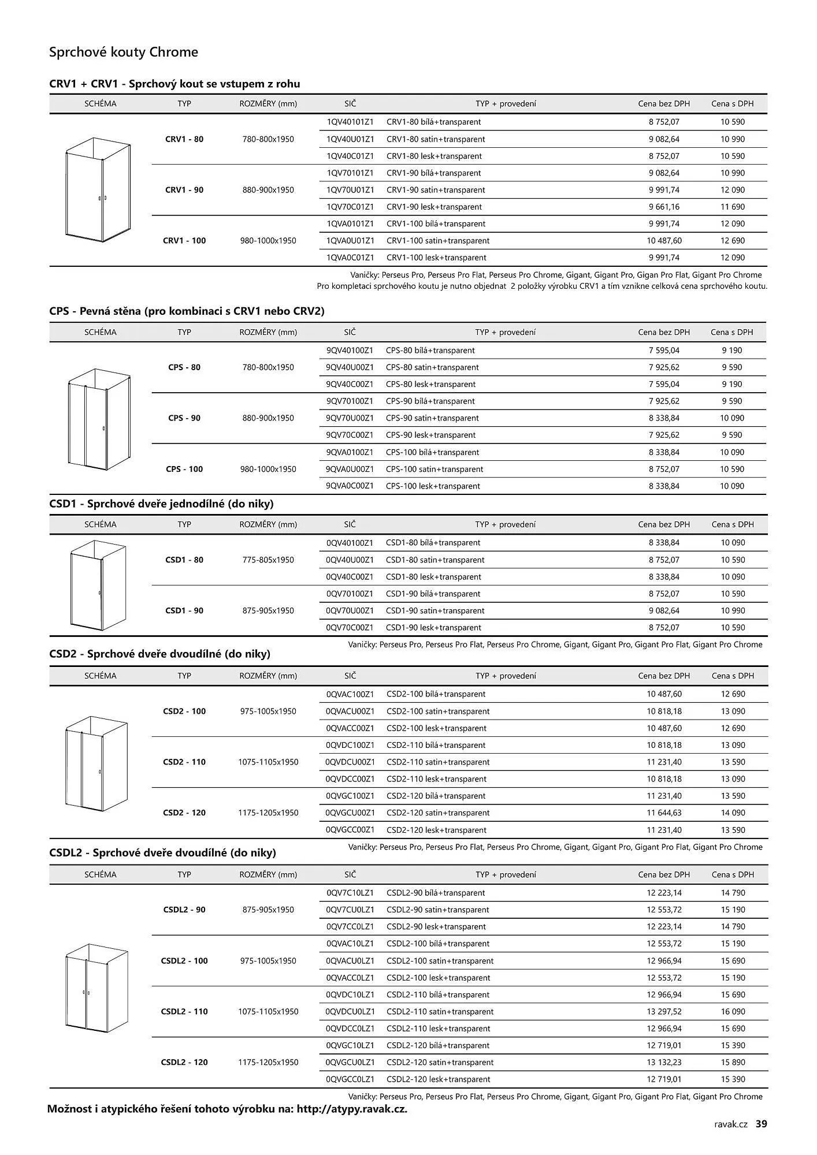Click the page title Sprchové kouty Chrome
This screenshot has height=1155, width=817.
(x=124, y=53)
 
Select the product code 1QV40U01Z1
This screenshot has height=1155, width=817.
(x=350, y=139)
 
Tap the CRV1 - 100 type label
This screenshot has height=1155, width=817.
(x=184, y=241)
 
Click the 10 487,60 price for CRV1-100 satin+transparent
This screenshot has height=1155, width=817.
(x=664, y=241)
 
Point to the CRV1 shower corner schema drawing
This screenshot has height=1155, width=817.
(x=98, y=190)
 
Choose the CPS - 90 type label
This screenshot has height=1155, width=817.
(x=184, y=418)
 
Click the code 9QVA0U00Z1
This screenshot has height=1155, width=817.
(x=350, y=470)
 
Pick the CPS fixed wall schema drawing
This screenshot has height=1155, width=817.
(x=98, y=419)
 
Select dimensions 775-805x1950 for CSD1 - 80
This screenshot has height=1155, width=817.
(x=268, y=560)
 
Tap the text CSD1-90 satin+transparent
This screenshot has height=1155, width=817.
(x=435, y=611)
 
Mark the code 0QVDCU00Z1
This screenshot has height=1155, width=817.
(x=350, y=762)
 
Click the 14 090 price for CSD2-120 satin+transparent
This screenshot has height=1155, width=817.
(x=733, y=813)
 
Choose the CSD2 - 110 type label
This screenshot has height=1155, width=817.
(x=184, y=762)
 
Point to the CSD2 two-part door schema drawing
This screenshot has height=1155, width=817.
(x=96, y=762)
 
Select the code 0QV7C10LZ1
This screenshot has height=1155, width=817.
(x=350, y=893)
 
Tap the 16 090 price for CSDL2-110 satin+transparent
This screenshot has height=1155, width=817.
(x=733, y=1012)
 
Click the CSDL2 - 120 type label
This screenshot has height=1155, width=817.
(x=184, y=1063)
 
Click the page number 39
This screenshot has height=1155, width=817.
(x=762, y=1124)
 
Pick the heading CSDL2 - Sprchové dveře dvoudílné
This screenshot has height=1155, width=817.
(x=162, y=853)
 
